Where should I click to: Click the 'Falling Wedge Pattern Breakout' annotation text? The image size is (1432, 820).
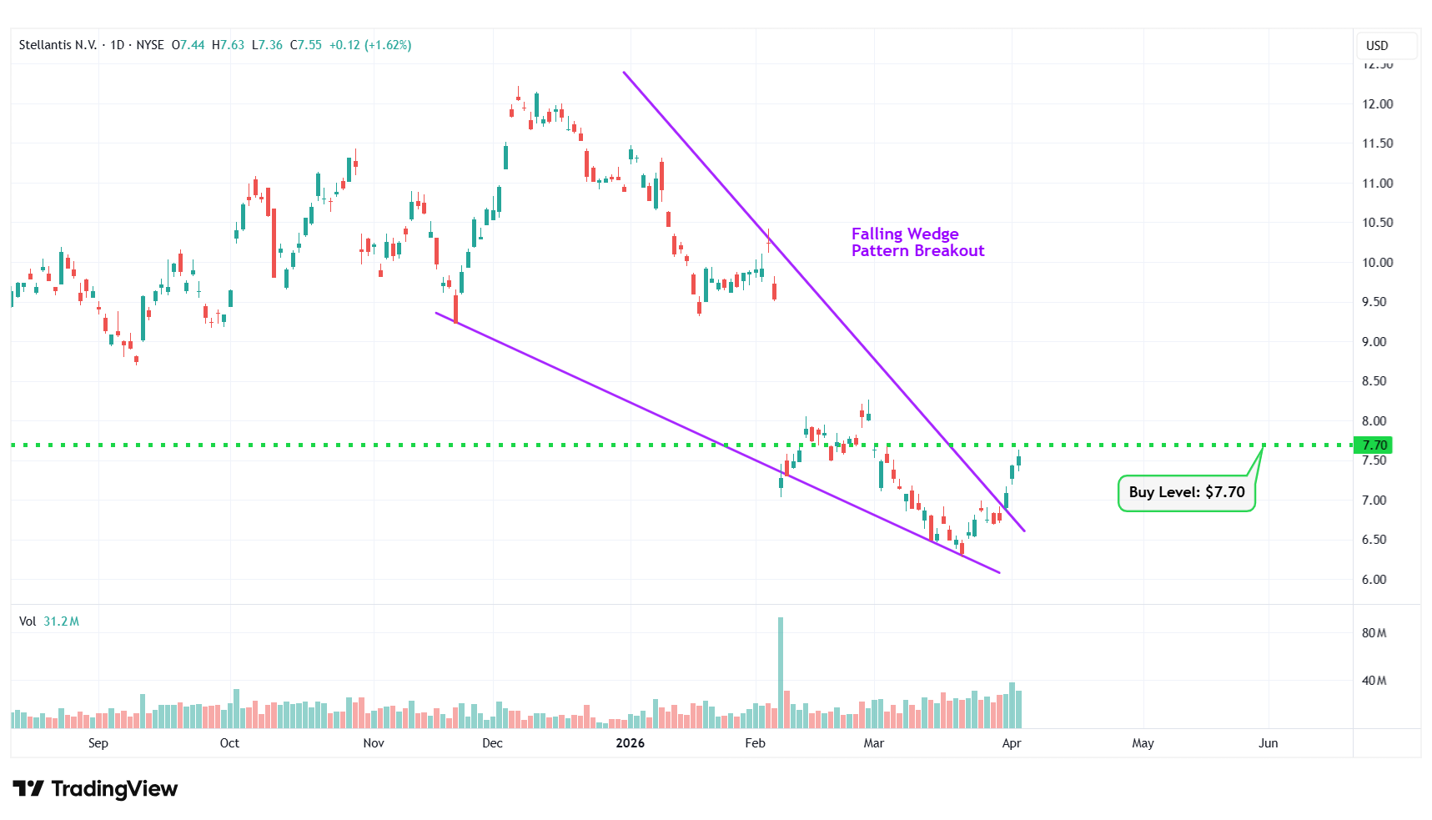917,242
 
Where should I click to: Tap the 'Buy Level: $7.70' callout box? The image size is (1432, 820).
1186,492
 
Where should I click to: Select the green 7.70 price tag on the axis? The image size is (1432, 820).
1374,445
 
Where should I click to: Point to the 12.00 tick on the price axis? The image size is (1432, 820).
1377,103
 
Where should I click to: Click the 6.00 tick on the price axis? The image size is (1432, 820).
1374,579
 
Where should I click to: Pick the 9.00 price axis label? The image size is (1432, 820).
1374,341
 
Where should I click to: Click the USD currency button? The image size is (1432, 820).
1377,45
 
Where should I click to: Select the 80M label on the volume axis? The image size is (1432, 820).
1374,633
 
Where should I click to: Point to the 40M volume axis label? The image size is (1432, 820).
1374,681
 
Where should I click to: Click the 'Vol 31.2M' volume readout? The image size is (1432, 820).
49,621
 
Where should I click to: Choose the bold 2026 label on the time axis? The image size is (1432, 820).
630,743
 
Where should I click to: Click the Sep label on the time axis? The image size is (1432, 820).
98,743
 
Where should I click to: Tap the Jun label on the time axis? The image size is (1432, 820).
1268,743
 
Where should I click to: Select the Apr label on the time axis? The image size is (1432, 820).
1011,743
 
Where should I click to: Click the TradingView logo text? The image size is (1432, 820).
96,788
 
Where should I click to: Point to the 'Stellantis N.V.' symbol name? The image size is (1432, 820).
58,45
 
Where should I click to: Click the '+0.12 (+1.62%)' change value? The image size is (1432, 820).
369,45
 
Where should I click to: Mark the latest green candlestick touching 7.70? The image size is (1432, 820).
1018,459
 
